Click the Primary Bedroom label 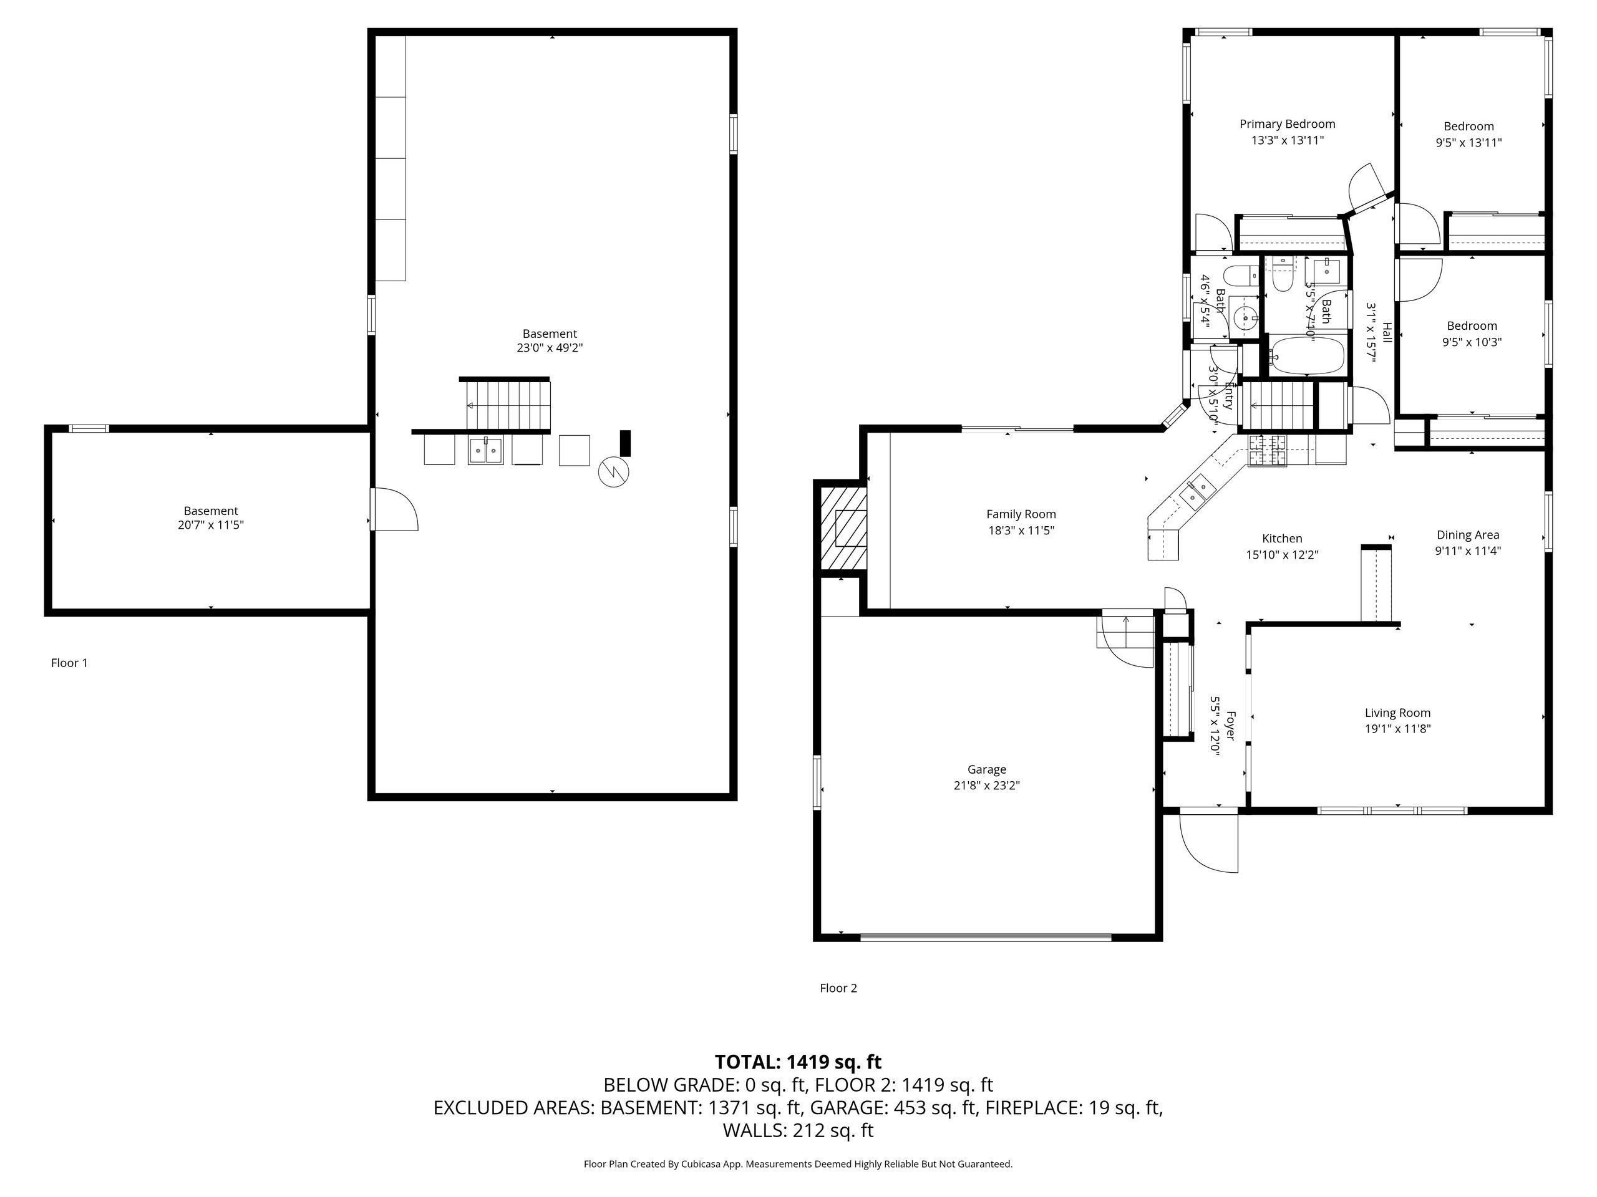click(1288, 124)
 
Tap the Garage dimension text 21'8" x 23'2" click(986, 786)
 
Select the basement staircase click(508, 405)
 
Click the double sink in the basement click(485, 450)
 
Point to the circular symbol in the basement click(614, 473)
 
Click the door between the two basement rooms click(394, 509)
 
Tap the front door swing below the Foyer click(1208, 844)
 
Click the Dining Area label click(1468, 535)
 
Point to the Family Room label click(1021, 514)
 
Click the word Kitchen click(1282, 538)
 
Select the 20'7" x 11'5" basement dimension click(211, 526)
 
